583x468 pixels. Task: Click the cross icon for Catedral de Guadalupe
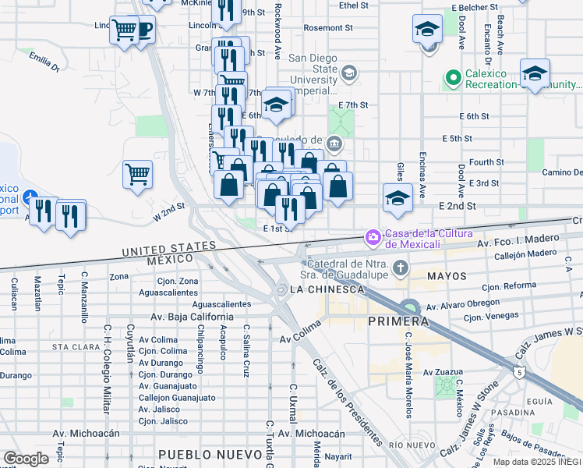pos(400,269)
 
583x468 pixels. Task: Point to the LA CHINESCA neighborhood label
pos(327,289)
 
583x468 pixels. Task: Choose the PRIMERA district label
pos(397,321)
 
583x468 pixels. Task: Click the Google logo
pos(26,459)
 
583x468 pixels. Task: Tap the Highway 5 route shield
pos(518,371)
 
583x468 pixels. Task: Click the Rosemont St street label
pos(328,27)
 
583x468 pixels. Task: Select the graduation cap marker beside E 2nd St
pos(397,198)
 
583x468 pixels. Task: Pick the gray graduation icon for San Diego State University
pos(349,73)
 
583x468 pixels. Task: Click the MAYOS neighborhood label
pos(447,276)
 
